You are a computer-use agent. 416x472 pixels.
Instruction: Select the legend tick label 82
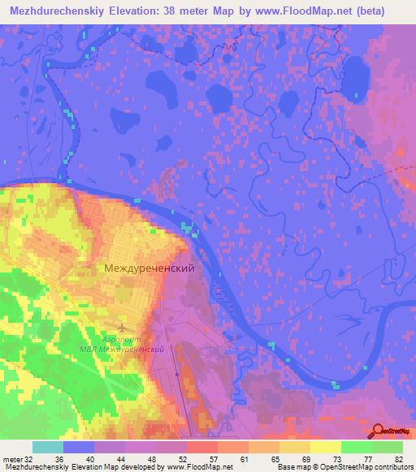pyautogui.click(x=397, y=459)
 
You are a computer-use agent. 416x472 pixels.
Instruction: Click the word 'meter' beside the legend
pyautogui.click(x=13, y=459)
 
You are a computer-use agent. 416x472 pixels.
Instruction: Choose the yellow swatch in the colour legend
pyautogui.click(x=326, y=447)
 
